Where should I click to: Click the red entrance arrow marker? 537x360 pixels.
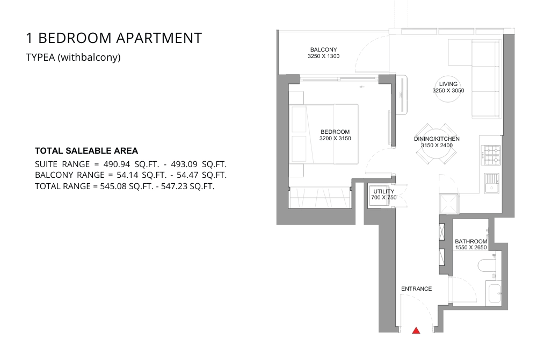point(416,330)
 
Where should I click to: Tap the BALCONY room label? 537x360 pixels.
point(324,49)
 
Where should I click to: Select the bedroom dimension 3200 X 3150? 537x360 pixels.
point(335,139)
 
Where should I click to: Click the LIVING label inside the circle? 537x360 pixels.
point(448,84)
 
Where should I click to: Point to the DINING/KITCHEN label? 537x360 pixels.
point(437,139)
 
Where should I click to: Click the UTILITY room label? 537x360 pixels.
point(383,191)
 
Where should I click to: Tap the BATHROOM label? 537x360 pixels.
point(471,241)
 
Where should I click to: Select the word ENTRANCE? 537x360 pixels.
point(417,289)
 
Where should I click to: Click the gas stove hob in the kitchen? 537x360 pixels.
point(492,155)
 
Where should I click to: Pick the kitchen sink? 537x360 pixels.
point(492,183)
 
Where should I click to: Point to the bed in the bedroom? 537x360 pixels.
point(324,134)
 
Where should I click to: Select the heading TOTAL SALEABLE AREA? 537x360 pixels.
point(86,150)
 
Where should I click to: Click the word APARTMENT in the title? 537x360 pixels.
point(159,38)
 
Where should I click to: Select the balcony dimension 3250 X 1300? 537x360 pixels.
point(324,56)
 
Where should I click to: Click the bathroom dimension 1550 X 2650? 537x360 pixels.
point(471,247)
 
